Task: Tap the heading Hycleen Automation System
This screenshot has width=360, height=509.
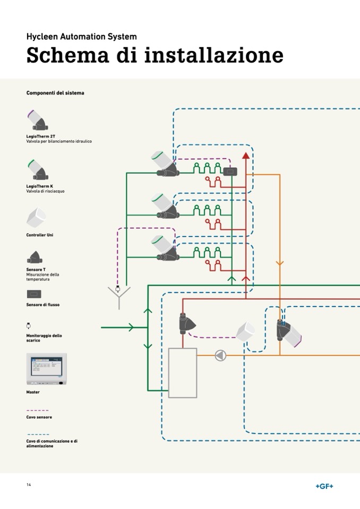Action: click(x=81, y=37)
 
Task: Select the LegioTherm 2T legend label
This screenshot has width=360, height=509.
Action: click(x=41, y=136)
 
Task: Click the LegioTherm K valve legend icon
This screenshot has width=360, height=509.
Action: click(x=38, y=170)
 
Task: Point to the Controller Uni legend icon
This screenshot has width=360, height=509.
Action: click(x=36, y=218)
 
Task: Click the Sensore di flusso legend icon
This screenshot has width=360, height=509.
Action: click(x=34, y=294)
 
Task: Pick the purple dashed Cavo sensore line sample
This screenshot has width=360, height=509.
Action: click(x=37, y=410)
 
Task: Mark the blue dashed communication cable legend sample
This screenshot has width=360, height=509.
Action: click(x=37, y=434)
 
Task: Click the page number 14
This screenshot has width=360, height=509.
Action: click(x=29, y=485)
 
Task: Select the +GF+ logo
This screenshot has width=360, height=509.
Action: click(x=324, y=486)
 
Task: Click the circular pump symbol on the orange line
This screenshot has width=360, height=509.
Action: click(x=220, y=356)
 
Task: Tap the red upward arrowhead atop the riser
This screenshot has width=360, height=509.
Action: click(x=245, y=156)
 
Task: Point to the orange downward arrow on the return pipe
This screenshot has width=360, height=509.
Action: click(x=280, y=263)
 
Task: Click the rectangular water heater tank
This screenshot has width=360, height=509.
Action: click(x=183, y=373)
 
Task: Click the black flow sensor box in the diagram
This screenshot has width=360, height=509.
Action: click(x=231, y=171)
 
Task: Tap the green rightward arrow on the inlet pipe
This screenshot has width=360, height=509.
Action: click(x=130, y=327)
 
